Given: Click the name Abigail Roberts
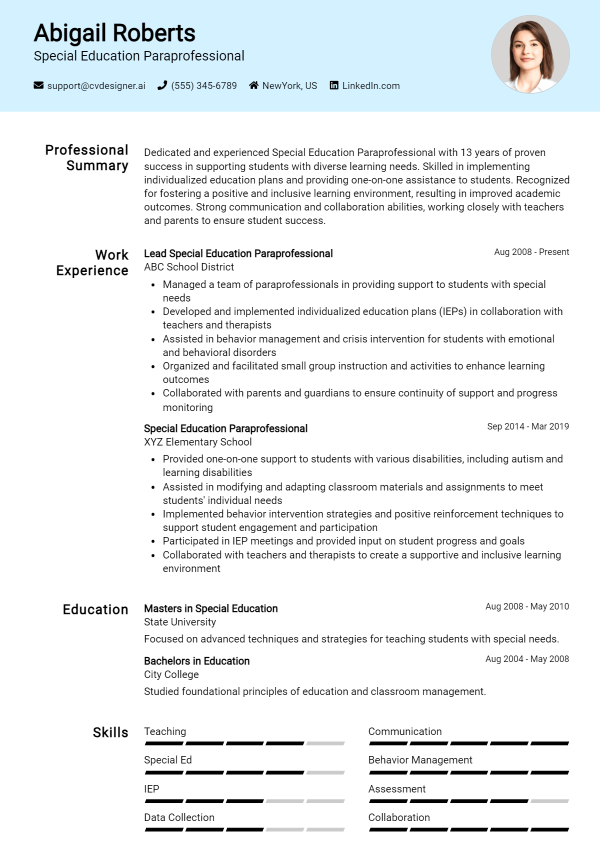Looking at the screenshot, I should pos(114,33).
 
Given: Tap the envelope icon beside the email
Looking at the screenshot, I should pos(38,85).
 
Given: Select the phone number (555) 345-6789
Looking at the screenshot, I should pos(203,85).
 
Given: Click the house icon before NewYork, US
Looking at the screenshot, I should pos(254,85).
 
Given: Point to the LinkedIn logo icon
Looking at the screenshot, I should pos(334,85).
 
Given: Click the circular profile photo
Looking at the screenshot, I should pos(530,54).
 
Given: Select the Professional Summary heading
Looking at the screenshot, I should pos(87,157).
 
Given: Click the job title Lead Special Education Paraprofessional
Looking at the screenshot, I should pos(238,253).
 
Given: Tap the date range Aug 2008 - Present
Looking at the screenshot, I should pos(531,252).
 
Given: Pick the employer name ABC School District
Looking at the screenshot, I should pos(189,267).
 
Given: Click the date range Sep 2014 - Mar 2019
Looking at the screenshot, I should pos(528,426).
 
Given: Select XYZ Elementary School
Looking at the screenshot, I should pos(197,442).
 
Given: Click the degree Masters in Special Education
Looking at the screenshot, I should pos(210,608).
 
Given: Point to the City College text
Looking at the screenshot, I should pos(171,674).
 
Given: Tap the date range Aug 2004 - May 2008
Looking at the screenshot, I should pos(527,659).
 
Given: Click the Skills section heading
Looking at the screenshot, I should pos(110,732).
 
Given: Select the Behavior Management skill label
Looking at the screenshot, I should pos(420,760).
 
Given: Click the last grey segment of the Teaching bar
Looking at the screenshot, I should pos(325,743).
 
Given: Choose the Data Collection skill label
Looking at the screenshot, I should pos(179,817).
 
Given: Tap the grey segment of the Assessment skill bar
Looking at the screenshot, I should pos(550,801).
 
